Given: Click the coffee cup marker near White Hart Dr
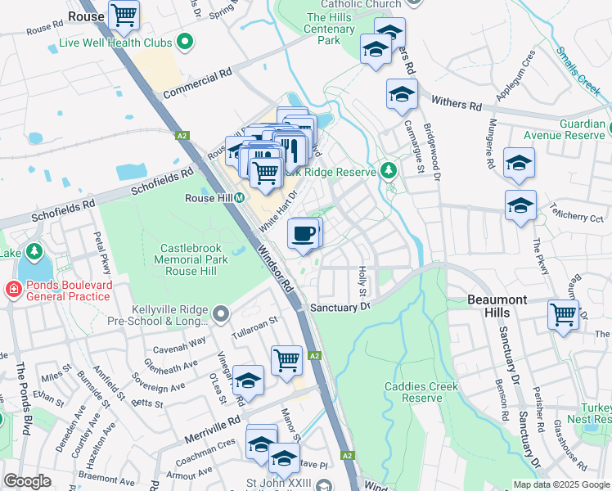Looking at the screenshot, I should (304, 233).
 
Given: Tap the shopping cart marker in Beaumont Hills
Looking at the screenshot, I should (563, 314).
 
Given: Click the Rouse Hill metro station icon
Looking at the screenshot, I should (240, 198).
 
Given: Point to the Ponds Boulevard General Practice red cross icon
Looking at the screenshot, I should (13, 289).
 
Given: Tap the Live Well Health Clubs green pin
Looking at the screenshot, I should (185, 41).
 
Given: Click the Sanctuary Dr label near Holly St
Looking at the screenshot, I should (341, 307).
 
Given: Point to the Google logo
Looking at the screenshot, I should (27, 481).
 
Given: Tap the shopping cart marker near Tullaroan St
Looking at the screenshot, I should (286, 359).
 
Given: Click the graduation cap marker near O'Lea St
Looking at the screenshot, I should (249, 380).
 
